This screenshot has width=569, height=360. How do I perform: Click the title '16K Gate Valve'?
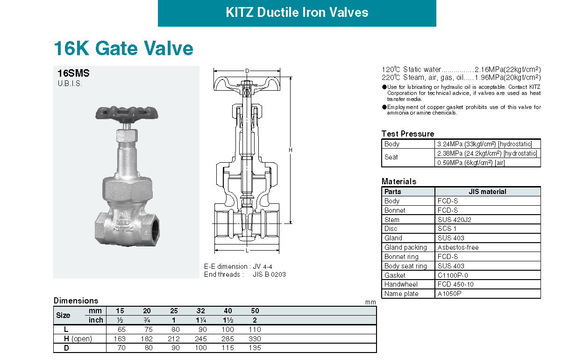[x=123, y=48]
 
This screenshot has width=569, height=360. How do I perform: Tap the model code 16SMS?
[x=73, y=73]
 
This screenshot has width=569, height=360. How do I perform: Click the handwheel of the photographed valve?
[x=127, y=113]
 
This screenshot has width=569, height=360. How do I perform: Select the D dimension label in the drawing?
[x=247, y=71]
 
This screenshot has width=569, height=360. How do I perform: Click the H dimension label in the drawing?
[x=291, y=150]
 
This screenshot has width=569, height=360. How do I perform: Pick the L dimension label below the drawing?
[x=247, y=251]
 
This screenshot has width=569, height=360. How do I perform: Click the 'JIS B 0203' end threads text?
[x=269, y=274]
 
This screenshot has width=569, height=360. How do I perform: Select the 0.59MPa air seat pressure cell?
[x=471, y=163]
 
